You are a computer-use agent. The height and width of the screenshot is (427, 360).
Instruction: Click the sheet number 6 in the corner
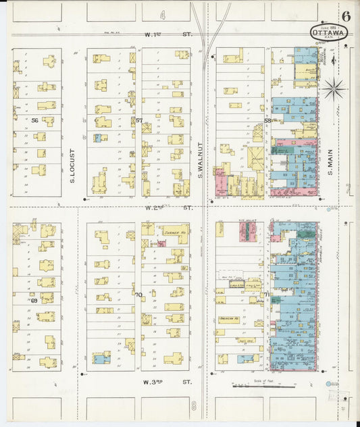click(346, 16)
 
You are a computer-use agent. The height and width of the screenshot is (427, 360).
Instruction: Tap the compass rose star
click(333, 88)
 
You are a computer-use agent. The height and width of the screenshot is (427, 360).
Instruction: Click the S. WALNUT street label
click(201, 159)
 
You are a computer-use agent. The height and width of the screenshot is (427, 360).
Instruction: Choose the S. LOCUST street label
click(72, 173)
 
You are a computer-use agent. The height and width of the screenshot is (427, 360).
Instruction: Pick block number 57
click(138, 121)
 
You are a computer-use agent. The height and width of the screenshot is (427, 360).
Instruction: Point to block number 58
click(267, 121)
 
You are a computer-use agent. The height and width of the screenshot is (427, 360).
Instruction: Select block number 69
click(34, 299)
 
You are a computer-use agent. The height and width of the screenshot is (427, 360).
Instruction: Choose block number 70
click(138, 295)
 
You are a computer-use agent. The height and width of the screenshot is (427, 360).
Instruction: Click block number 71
click(267, 295)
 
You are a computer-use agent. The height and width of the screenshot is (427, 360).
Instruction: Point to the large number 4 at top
click(163, 14)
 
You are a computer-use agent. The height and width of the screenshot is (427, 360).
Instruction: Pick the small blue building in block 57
click(99, 138)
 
